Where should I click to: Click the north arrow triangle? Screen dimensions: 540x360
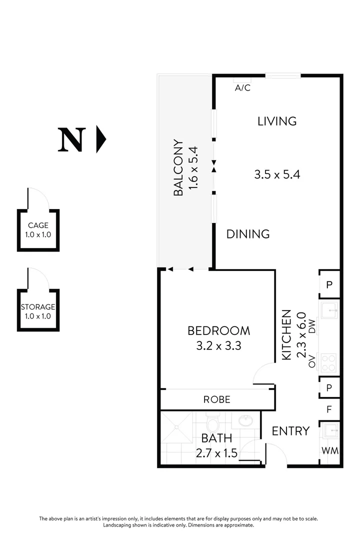[x=101, y=139]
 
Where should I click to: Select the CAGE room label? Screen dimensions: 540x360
[x=38, y=225]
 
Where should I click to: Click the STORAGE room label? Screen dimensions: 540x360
[x=38, y=307]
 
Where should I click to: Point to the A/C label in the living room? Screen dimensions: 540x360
[x=242, y=88]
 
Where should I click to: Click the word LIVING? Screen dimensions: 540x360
[x=277, y=121]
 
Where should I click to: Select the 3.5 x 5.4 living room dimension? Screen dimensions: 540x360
[x=277, y=174]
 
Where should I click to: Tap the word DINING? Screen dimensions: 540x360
[x=248, y=233]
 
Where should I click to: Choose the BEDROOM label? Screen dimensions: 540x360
[x=218, y=330]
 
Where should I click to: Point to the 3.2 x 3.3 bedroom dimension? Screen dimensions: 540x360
[x=218, y=345]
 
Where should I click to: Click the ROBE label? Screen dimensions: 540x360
[x=217, y=399]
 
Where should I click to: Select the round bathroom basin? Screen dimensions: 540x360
[x=245, y=420]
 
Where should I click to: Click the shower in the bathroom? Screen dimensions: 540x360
[x=176, y=427]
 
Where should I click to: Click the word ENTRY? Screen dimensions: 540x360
[x=290, y=431]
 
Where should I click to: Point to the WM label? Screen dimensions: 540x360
[x=329, y=450]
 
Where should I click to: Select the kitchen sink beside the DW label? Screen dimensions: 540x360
[x=329, y=310]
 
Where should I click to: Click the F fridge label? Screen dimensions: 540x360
[x=329, y=409]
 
